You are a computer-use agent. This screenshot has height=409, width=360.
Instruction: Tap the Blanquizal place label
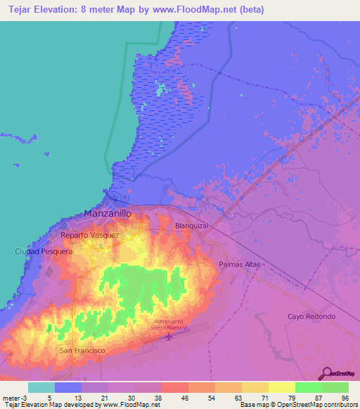[x=192, y=226]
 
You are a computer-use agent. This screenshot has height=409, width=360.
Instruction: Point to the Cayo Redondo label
[x=311, y=316]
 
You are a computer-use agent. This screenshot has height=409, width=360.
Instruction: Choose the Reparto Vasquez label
[x=90, y=235]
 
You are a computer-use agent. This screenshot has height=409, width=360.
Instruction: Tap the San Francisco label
[x=82, y=350]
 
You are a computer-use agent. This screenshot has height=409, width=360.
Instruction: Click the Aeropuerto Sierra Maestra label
[x=169, y=325]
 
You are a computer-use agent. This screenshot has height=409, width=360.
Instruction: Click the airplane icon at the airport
[x=169, y=337]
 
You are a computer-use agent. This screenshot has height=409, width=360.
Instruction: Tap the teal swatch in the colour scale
[x=41, y=387]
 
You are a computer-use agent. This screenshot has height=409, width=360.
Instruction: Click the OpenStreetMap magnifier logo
[x=326, y=374]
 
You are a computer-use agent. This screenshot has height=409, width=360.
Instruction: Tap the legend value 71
[x=255, y=397]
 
